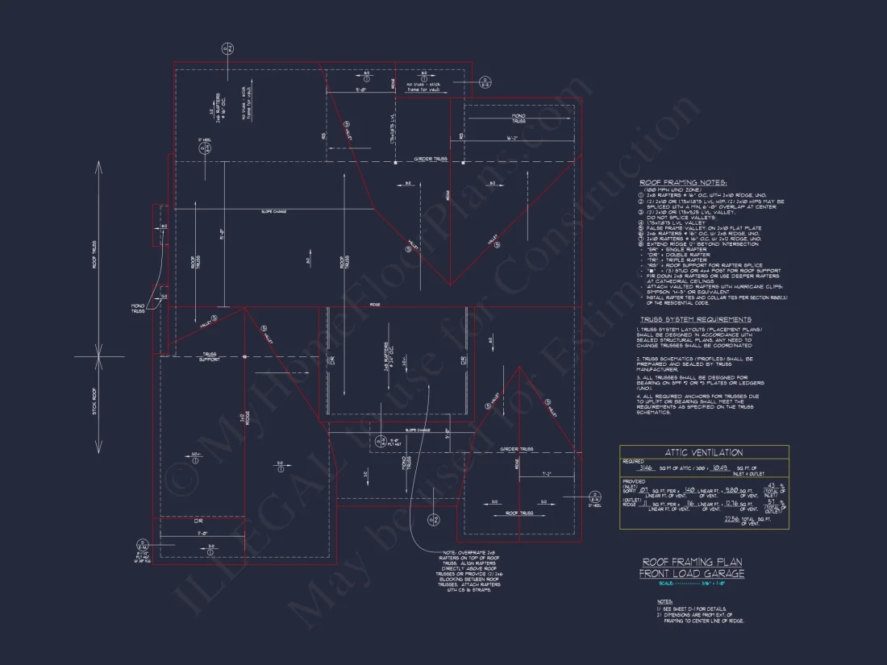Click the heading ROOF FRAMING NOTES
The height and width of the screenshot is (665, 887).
[x=683, y=184]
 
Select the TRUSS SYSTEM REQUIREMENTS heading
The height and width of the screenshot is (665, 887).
[x=694, y=320]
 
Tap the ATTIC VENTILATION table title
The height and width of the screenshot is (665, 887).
[x=704, y=453]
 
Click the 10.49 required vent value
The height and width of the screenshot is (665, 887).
[x=720, y=468]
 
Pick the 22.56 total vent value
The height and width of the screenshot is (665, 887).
[x=732, y=520]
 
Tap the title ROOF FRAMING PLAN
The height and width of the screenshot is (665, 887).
[x=692, y=562]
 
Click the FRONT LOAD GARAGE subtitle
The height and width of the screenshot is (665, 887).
[x=692, y=573]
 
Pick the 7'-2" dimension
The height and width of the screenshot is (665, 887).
[x=548, y=473]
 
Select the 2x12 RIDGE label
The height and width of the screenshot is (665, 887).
[x=241, y=418]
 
